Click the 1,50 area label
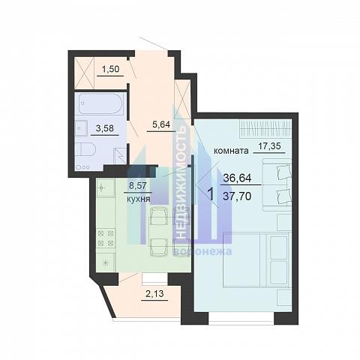pos(111,69)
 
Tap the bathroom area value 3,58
pos(105,128)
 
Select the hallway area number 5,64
pos(161,124)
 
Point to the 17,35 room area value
pos(269,145)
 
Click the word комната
pos(232,151)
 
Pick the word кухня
pos(139,199)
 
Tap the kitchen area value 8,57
pos(137,186)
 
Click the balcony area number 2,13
pos(154,293)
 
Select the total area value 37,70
pos(237,196)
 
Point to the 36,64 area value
pos(237,178)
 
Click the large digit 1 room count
pos(211,194)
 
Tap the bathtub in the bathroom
pos(100,103)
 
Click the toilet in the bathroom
pos(85,149)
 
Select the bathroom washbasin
pos(81,128)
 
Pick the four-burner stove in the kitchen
pos(106,238)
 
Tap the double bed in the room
pos(256,259)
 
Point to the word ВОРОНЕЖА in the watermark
pos(203,251)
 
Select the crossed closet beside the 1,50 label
pos(84,73)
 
